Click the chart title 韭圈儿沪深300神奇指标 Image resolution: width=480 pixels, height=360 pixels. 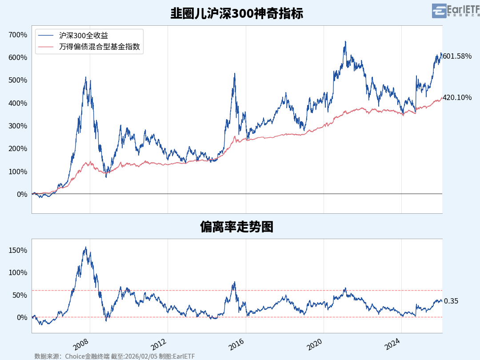236,13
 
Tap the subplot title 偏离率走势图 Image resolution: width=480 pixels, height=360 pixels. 236,227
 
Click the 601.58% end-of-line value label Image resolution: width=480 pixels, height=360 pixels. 457,56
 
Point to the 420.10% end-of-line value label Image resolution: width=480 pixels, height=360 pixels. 457,98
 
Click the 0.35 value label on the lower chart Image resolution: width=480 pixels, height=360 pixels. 451,301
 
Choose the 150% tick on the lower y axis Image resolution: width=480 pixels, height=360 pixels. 18,251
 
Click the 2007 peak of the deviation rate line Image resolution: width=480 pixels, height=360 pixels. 86,247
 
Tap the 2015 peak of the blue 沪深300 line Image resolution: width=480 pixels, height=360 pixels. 234,73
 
